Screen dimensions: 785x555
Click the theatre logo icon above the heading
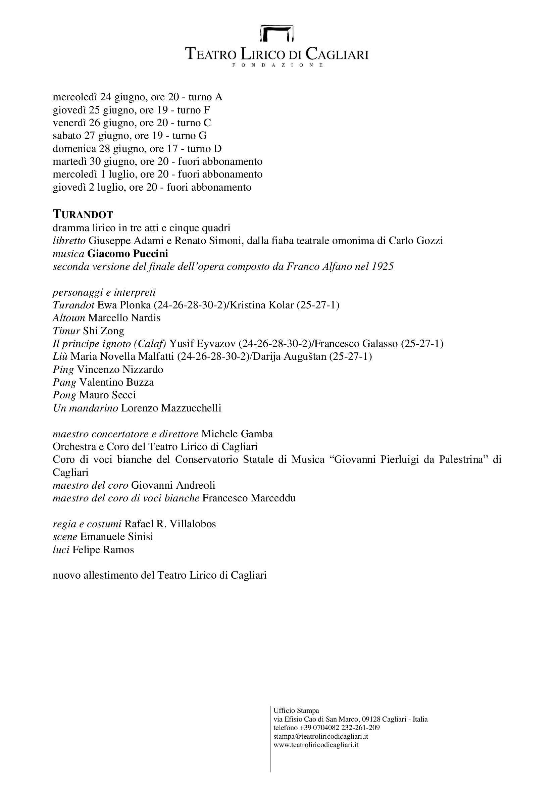tap(277, 33)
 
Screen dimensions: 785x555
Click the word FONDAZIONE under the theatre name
tap(277, 65)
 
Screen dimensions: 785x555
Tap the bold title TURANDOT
tap(83, 215)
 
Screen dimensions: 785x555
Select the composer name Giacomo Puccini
tap(128, 254)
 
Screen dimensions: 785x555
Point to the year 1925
tap(384, 266)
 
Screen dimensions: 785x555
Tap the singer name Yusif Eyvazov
tap(202, 343)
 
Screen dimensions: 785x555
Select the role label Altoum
tap(69, 318)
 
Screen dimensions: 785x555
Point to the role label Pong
tap(64, 395)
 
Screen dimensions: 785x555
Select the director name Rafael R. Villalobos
tap(170, 524)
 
